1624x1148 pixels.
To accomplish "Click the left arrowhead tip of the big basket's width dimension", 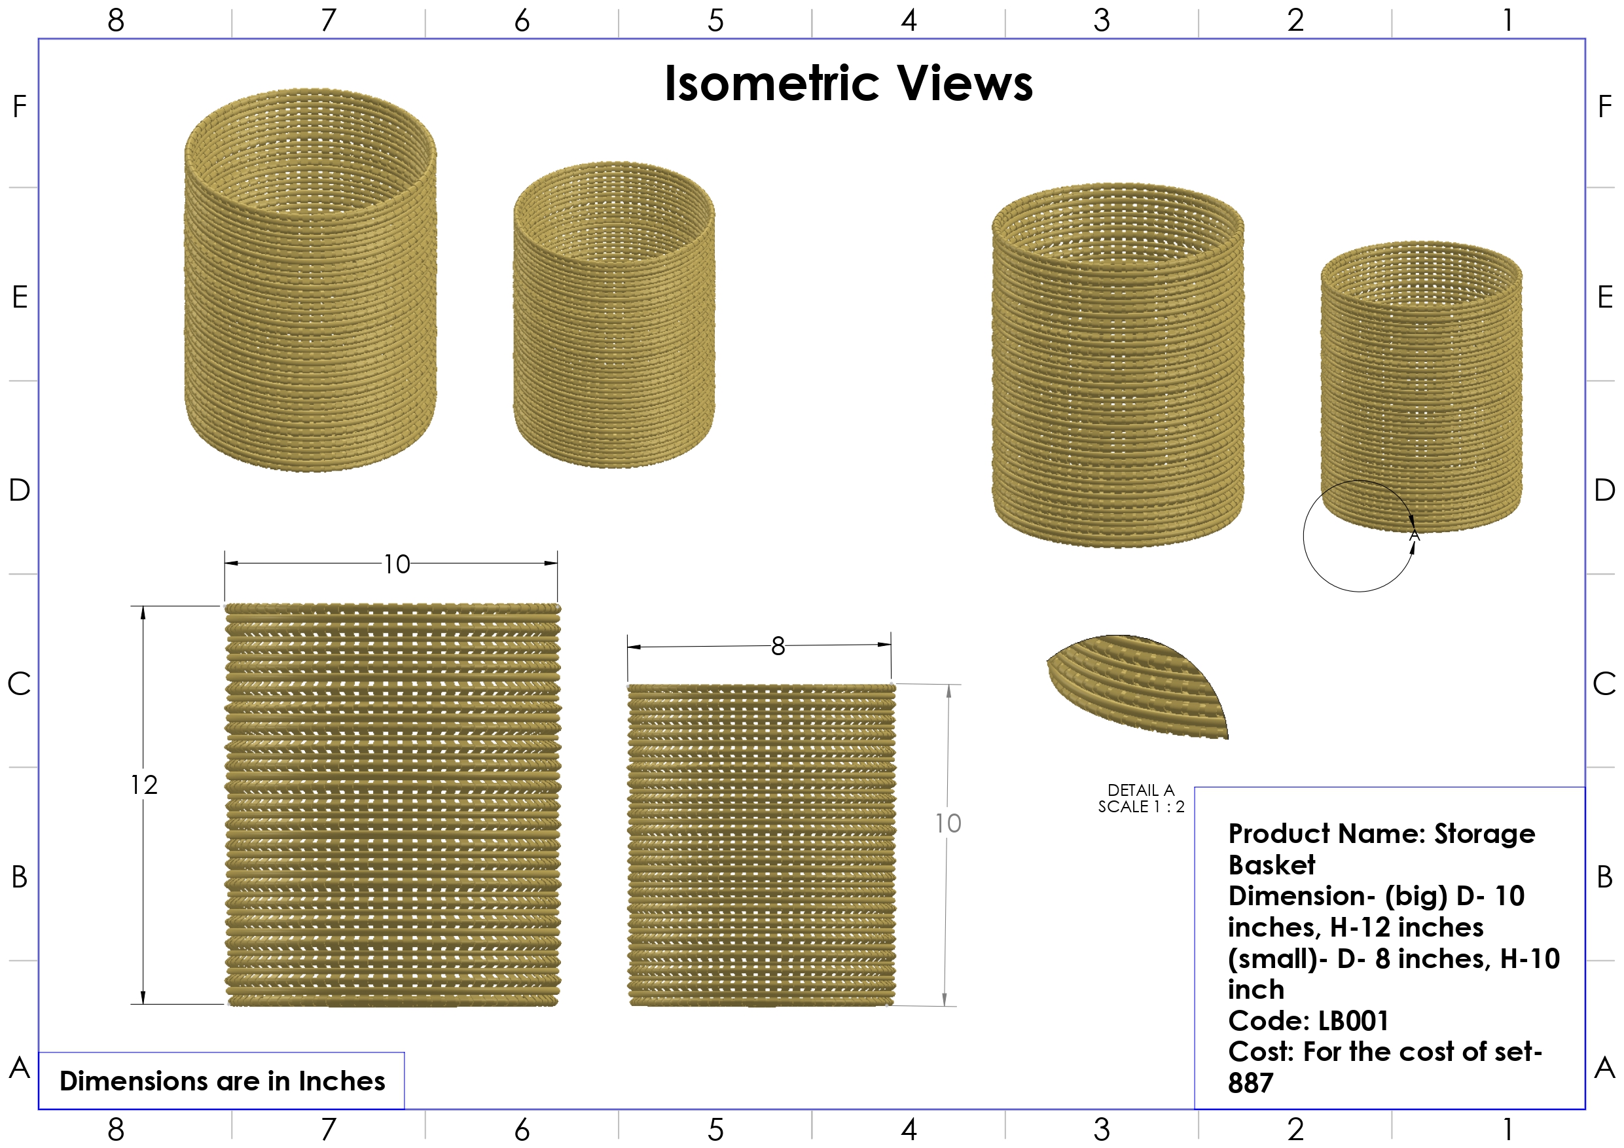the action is click(226, 564).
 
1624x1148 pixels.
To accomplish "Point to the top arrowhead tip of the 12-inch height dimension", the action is click(143, 607).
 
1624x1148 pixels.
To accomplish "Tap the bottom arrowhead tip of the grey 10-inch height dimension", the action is click(945, 1005).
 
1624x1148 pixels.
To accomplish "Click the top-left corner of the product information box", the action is click(1195, 787).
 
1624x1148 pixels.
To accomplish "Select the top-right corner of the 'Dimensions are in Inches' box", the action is click(404, 1052).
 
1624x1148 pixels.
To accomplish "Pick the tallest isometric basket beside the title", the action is click(310, 279).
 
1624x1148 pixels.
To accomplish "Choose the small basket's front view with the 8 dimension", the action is click(761, 844).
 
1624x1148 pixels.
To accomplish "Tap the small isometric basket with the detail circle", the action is click(1421, 386).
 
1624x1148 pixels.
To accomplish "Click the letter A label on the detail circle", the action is click(1414, 535).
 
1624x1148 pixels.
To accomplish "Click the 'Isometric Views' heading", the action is click(849, 84).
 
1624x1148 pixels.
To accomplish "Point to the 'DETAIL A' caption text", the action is click(1140, 790).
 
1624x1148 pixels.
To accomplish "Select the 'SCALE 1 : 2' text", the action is click(1141, 806).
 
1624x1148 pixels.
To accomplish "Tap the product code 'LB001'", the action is click(1353, 1020).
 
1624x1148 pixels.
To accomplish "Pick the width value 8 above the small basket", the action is click(778, 646).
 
